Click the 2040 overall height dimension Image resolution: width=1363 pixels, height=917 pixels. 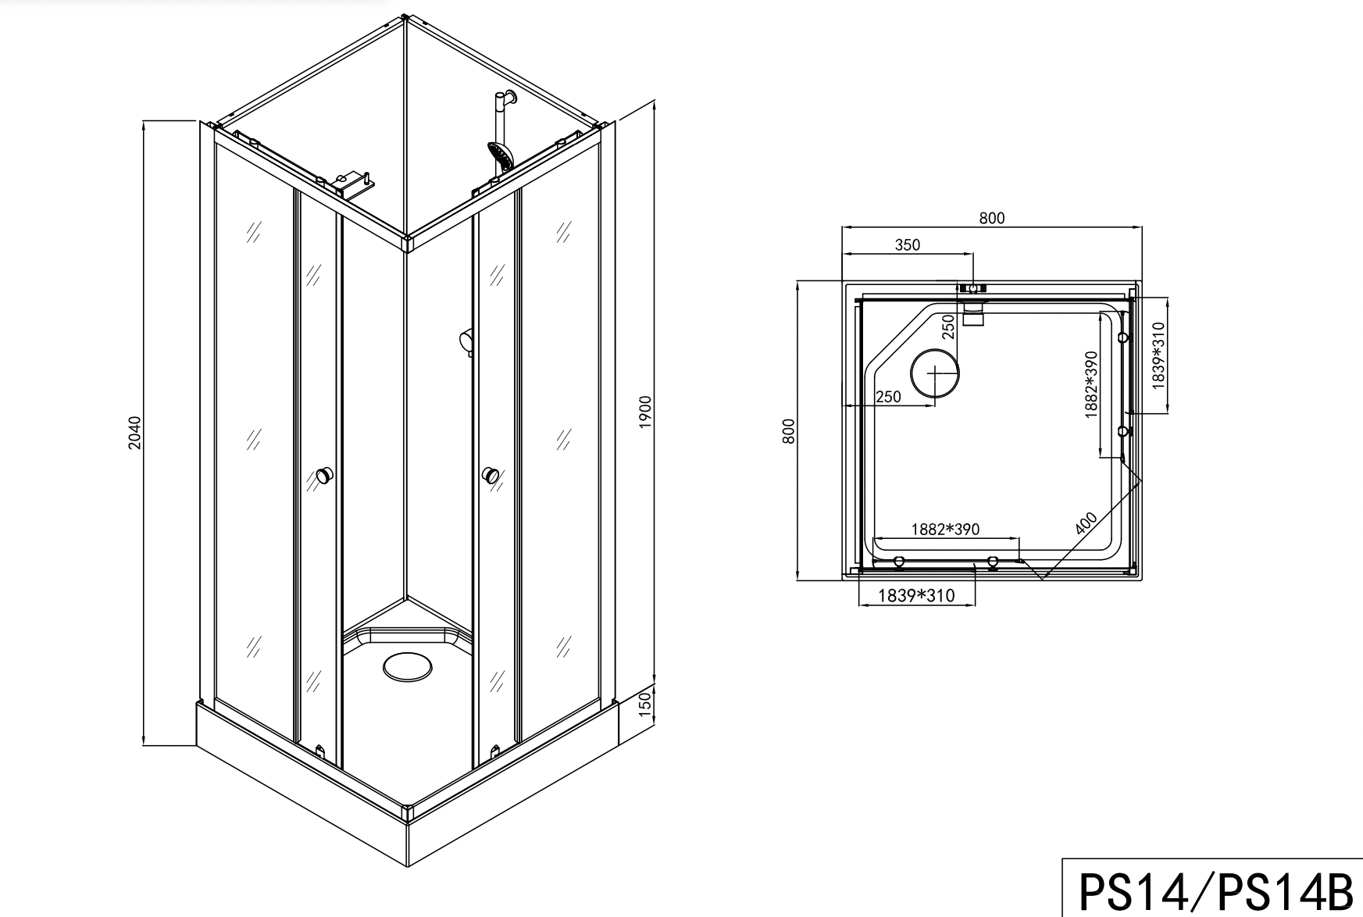tap(135, 433)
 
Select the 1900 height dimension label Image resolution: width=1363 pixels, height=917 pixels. tap(645, 412)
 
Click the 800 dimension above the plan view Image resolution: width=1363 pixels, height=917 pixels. tap(991, 219)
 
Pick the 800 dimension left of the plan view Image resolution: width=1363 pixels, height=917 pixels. tap(789, 432)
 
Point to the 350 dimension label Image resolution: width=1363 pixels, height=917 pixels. tap(907, 244)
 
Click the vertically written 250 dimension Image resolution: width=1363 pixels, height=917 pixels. tap(948, 326)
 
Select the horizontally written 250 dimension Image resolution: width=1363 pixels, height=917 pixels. tap(888, 397)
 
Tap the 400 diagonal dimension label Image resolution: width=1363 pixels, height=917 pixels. tap(1086, 523)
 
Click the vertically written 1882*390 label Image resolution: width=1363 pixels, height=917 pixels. tap(1092, 384)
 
